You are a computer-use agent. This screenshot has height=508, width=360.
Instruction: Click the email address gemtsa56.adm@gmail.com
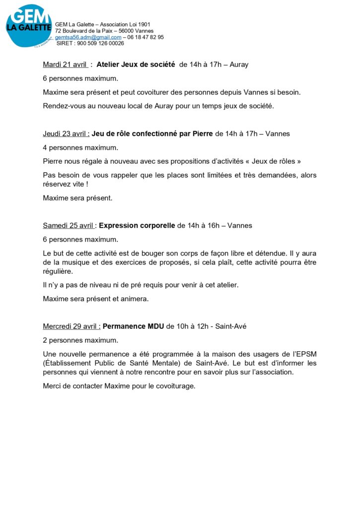tap(88, 37)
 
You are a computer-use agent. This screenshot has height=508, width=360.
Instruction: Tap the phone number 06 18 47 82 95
tap(146, 37)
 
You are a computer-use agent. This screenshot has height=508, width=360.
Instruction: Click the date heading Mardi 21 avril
tap(65, 64)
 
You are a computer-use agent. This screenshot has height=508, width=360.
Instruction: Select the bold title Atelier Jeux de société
tap(136, 64)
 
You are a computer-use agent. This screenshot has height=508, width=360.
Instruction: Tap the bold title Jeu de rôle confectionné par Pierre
tap(152, 134)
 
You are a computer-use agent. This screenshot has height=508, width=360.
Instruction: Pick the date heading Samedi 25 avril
tap(69, 225)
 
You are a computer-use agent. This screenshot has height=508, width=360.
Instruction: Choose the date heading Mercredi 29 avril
tap(72, 326)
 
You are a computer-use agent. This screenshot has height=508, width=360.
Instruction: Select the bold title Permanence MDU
tap(133, 326)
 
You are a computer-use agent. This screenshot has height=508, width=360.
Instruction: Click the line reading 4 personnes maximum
tap(80, 147)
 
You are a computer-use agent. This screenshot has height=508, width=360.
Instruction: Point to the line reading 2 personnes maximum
tap(80, 340)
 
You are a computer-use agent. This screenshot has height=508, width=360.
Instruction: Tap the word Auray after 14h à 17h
tap(239, 64)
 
